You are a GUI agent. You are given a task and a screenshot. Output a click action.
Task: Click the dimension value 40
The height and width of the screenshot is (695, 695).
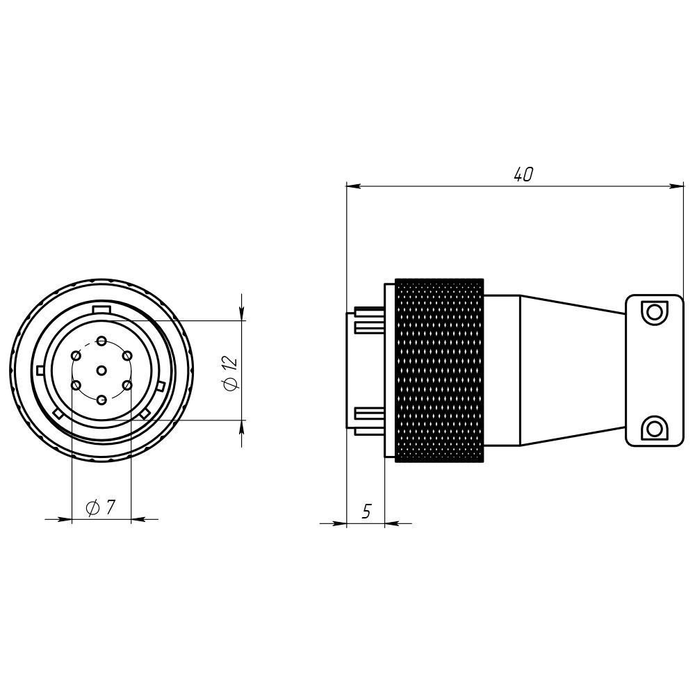click(523, 174)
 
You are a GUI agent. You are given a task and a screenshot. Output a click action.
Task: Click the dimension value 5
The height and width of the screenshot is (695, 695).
click(366, 511)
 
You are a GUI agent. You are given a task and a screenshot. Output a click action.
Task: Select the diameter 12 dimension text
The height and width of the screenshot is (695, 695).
click(231, 373)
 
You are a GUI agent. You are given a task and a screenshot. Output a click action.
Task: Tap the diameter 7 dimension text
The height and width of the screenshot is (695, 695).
click(101, 507)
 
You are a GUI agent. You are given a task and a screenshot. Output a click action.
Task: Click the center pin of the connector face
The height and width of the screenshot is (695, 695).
click(101, 370)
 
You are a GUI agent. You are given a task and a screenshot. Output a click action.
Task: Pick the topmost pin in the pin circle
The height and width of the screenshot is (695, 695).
click(102, 341)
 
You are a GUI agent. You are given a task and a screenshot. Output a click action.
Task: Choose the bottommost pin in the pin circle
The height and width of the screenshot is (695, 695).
click(101, 400)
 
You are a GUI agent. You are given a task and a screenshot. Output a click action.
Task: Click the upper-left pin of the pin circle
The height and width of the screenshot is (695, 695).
click(76, 355)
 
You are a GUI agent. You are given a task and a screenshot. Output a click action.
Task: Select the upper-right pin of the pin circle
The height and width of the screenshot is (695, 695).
click(127, 355)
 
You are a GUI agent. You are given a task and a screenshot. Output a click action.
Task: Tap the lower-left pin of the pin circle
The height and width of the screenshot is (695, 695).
click(76, 386)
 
